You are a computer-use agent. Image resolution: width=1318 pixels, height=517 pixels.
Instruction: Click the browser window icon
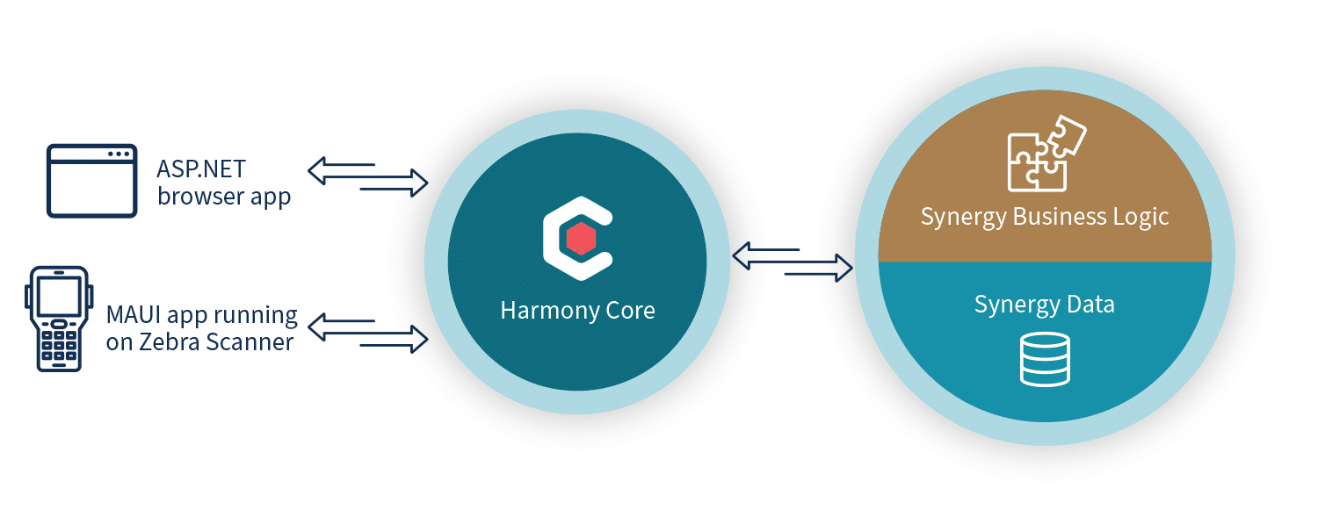click(91, 182)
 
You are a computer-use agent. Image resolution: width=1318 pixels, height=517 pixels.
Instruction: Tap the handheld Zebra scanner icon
click(60, 317)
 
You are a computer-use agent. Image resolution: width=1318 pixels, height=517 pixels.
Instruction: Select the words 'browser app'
click(224, 197)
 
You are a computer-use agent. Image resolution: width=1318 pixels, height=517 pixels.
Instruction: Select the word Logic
click(1140, 217)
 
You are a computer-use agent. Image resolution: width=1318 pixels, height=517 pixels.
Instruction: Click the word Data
click(1092, 305)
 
